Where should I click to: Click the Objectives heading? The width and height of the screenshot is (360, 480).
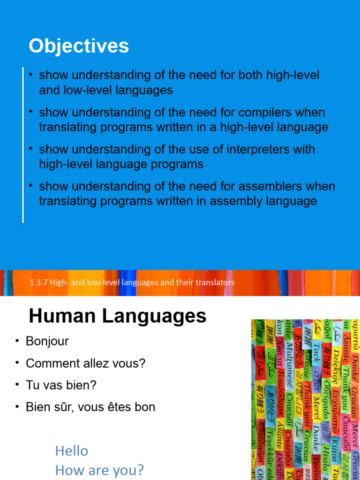point(78,46)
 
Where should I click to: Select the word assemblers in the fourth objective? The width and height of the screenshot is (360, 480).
point(272,186)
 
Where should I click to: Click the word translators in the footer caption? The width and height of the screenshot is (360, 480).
point(214,283)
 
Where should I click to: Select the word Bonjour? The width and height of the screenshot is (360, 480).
point(47,341)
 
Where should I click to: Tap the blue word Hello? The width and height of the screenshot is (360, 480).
point(72,451)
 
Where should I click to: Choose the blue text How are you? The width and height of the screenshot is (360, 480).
point(99,470)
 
